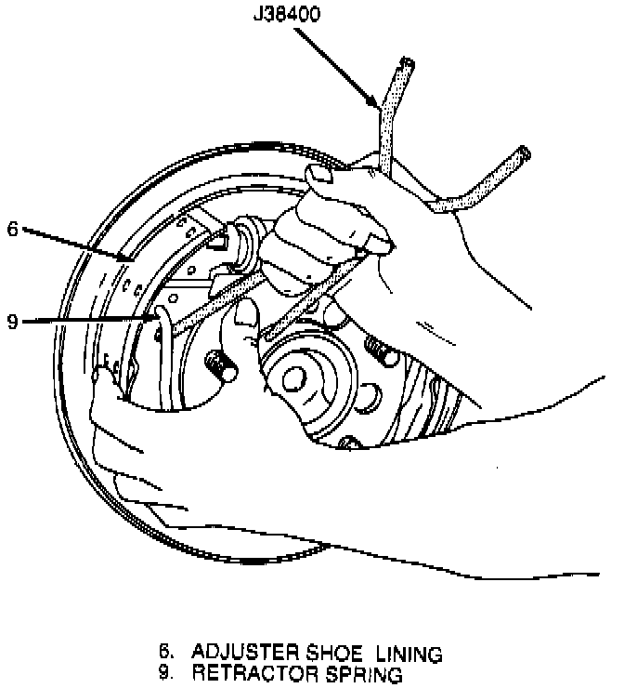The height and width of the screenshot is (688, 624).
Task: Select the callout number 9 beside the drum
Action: click(x=12, y=322)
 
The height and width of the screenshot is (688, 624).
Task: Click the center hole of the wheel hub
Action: click(x=295, y=377)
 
